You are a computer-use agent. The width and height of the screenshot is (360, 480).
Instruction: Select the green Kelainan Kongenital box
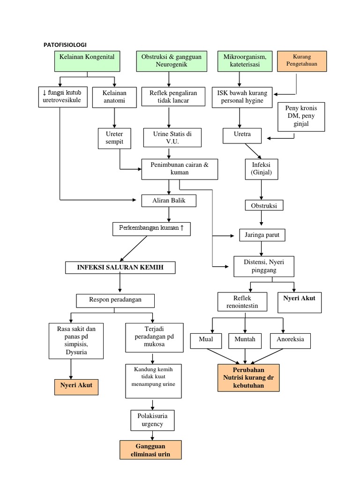[x=87, y=60]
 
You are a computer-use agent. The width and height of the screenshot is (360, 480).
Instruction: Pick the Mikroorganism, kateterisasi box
[x=245, y=60]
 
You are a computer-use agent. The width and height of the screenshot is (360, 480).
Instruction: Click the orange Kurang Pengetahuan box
[x=302, y=60]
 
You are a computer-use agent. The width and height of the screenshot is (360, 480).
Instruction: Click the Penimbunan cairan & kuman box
[x=180, y=169]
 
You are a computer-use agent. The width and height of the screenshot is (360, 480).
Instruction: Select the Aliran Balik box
[x=169, y=201]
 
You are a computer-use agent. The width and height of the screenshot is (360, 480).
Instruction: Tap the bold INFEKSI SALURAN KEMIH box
[x=120, y=268]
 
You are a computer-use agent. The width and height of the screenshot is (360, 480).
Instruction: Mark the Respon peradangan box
[x=115, y=300]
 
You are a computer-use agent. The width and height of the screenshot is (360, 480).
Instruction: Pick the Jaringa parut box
[x=262, y=234]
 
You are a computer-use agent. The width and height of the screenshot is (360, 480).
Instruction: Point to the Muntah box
[x=245, y=340]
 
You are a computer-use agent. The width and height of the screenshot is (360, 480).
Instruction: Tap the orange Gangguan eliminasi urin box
[x=150, y=449]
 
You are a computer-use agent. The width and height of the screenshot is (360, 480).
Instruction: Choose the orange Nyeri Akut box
[x=76, y=386]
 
